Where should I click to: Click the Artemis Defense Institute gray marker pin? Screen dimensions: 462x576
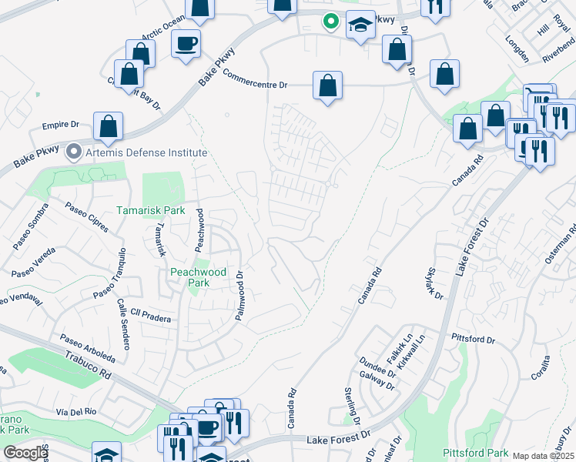tap(74, 151)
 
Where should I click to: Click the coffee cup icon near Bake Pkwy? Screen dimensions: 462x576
tap(186, 43)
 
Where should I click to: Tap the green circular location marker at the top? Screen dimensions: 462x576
tap(330, 22)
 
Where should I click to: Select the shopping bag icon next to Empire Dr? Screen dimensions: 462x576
tap(109, 127)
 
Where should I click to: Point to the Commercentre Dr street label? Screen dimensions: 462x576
tap(254, 79)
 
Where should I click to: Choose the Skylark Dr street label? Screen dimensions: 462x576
tap(434, 283)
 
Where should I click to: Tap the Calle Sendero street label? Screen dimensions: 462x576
tap(122, 324)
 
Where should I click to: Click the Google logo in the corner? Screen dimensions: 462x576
tap(25, 453)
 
